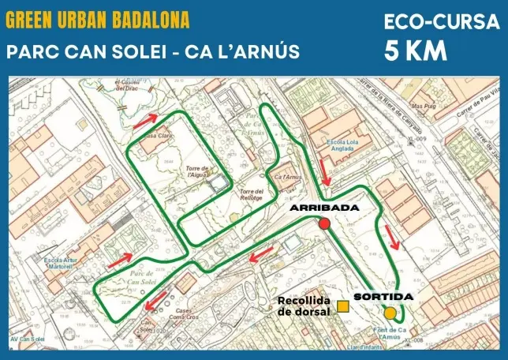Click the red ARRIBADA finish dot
(x=324, y=224)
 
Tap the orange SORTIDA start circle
(x=390, y=313)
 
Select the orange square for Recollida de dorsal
(x=343, y=306)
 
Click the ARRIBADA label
(x=324, y=208)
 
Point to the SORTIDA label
(x=383, y=297)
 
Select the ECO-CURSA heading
(x=441, y=22)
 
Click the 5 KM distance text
(x=416, y=51)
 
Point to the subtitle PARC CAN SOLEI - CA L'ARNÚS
(x=153, y=52)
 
